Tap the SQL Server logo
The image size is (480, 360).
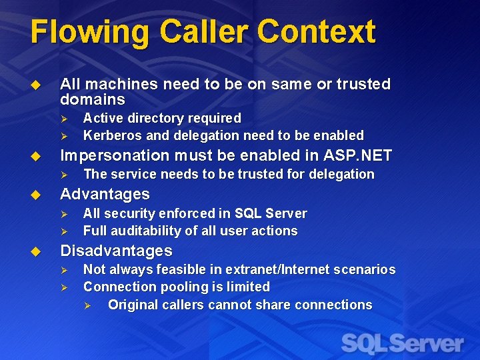[x=403, y=343]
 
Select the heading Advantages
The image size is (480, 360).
[x=105, y=194]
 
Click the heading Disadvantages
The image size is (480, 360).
[x=116, y=251]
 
